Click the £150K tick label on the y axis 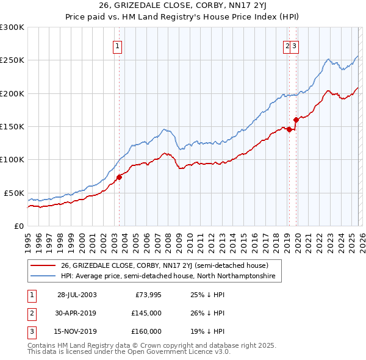[x=12, y=126]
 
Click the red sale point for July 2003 [x=120, y=177]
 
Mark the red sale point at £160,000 [x=296, y=120]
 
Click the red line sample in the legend [x=44, y=265]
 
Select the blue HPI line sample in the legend [x=44, y=276]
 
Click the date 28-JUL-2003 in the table [x=77, y=295]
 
